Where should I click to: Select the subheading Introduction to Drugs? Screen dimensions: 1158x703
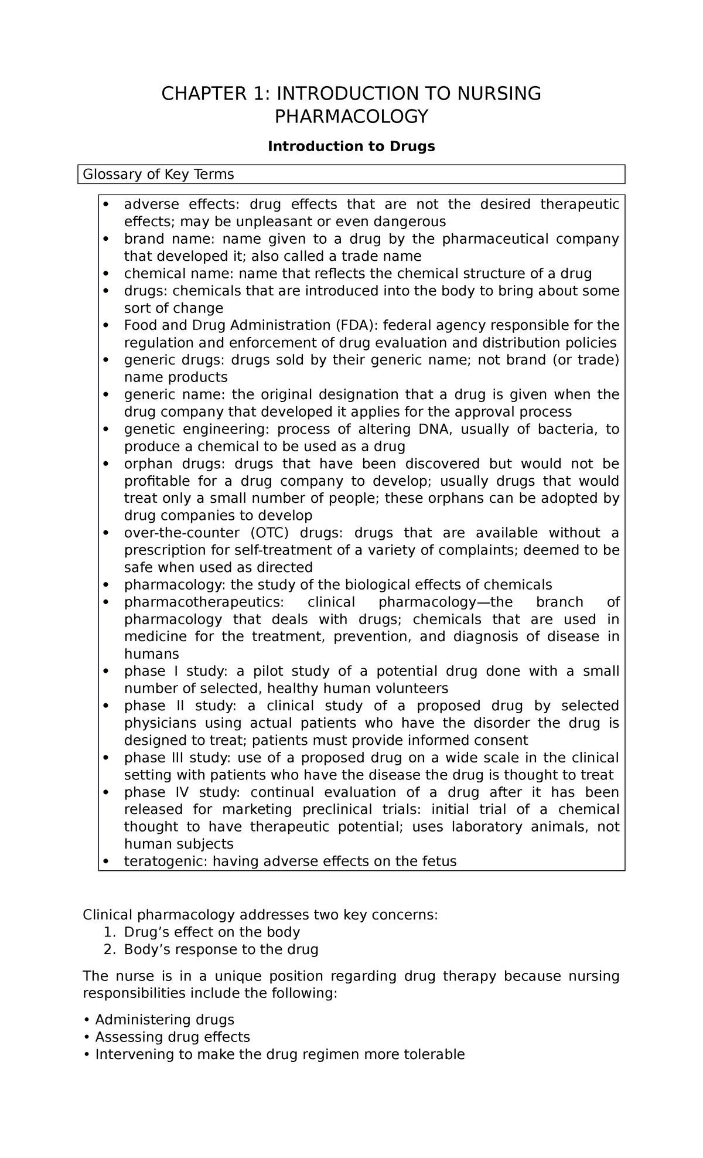(x=351, y=147)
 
